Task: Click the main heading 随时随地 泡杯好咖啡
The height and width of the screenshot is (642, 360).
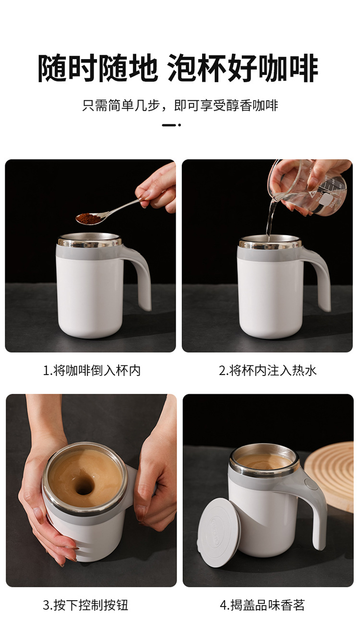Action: click(178, 69)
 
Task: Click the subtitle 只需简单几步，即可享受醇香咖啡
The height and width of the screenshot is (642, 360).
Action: click(180, 106)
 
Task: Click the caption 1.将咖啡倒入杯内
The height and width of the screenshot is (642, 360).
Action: click(92, 370)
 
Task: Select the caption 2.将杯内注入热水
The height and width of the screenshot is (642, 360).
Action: click(268, 370)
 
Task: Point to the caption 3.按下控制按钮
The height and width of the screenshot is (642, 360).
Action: click(85, 605)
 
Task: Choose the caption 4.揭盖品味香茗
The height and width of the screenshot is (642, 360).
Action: click(262, 605)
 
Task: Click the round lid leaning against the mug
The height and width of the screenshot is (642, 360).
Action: click(218, 531)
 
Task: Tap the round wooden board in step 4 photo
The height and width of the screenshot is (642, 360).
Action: click(331, 473)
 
